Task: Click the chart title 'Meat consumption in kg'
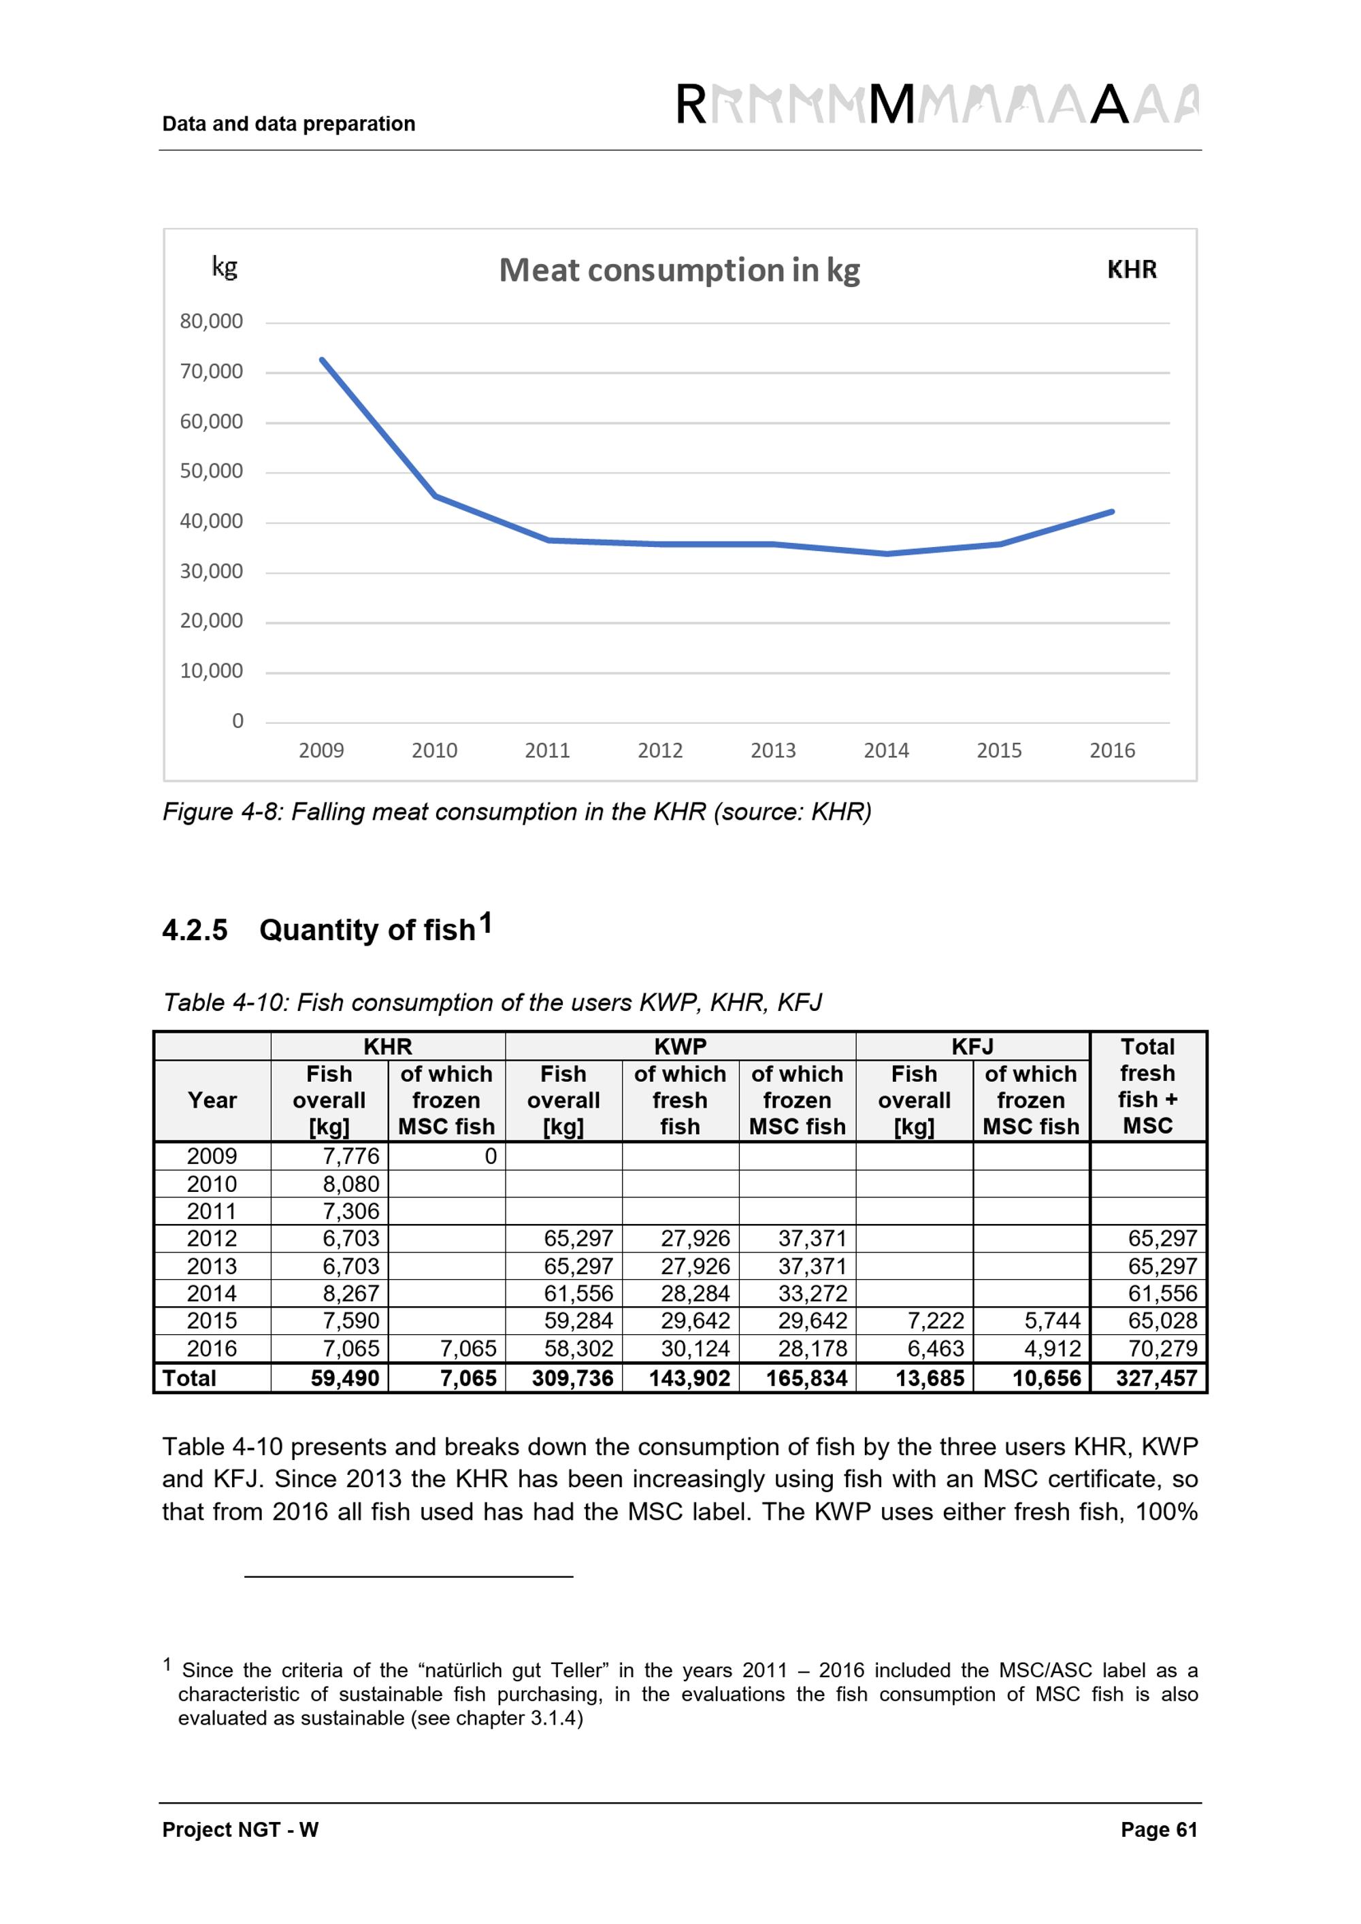click(x=679, y=271)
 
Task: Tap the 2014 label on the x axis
click(x=886, y=751)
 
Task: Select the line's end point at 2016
click(x=1111, y=511)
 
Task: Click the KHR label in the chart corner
click(x=1132, y=270)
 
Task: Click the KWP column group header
click(x=680, y=1046)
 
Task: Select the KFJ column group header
click(x=972, y=1046)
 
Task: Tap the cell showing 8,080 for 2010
click(x=351, y=1184)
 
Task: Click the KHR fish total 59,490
click(x=344, y=1378)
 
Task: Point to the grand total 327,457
click(x=1155, y=1378)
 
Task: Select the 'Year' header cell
click(x=212, y=1100)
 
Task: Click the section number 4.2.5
click(x=195, y=931)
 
